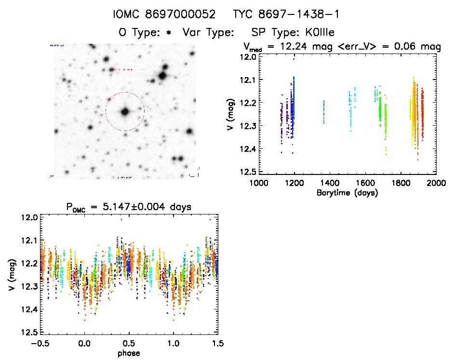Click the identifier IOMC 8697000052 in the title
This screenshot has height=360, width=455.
click(165, 15)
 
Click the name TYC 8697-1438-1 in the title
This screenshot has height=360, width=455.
click(286, 15)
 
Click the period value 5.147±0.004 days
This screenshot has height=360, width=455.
click(147, 207)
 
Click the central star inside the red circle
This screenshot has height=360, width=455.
click(125, 111)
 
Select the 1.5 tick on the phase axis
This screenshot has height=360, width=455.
click(217, 344)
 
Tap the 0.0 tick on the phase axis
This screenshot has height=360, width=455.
click(85, 344)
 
